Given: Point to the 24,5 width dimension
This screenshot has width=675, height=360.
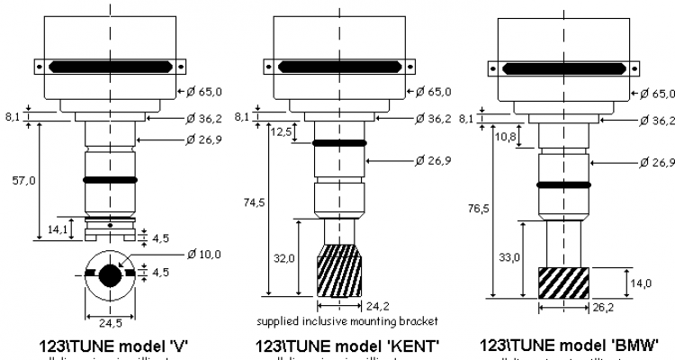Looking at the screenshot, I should pyautogui.click(x=110, y=321).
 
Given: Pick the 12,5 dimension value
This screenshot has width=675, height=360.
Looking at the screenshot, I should pyautogui.click(x=281, y=133).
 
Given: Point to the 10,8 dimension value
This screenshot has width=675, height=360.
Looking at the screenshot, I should pyautogui.click(x=505, y=138).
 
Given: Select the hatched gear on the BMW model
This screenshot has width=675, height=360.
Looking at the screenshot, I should pyautogui.click(x=563, y=283).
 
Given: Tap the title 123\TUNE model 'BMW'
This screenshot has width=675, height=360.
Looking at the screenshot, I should pyautogui.click(x=569, y=346).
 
